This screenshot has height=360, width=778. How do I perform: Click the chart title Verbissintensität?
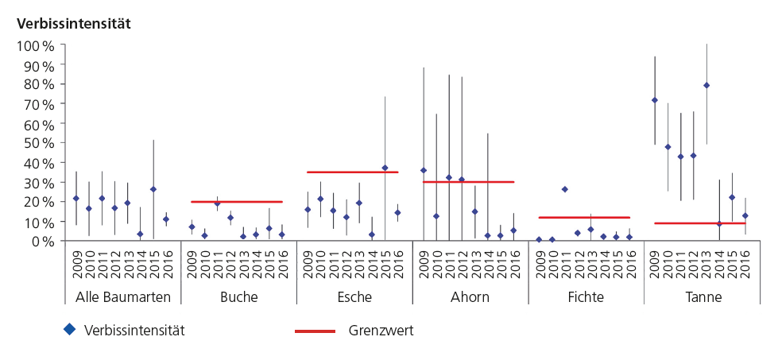pyautogui.click(x=73, y=23)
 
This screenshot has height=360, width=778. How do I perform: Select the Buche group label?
pyautogui.click(x=239, y=297)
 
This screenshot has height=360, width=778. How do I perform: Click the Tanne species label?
pyautogui.click(x=698, y=297)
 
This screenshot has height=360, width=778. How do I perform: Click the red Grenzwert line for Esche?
pyautogui.click(x=352, y=172)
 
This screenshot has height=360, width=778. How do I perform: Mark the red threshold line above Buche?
pyautogui.click(x=237, y=202)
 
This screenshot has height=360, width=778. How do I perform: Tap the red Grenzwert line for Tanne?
pyautogui.click(x=699, y=223)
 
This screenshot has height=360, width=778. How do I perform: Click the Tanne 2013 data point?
pyautogui.click(x=706, y=85)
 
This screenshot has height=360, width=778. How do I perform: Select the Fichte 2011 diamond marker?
pyautogui.click(x=565, y=189)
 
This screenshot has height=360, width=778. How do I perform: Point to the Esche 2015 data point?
pyautogui.click(x=385, y=168)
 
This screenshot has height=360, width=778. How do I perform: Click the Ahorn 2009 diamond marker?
pyautogui.click(x=424, y=170)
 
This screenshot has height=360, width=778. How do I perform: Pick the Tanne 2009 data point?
pyautogui.click(x=655, y=100)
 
